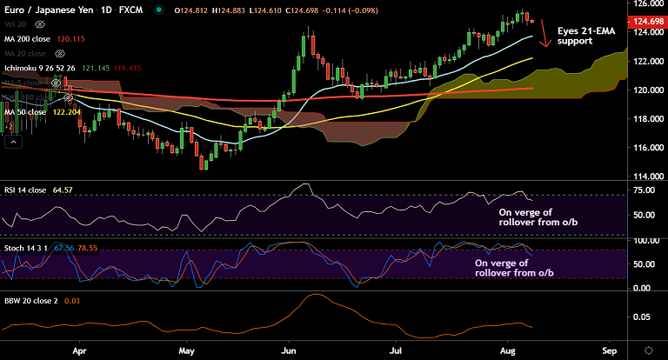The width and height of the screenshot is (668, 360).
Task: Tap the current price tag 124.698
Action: click(x=648, y=21)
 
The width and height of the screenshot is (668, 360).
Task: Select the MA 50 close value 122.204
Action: click(x=70, y=113)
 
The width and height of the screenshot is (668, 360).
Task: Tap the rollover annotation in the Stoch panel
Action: click(x=513, y=268)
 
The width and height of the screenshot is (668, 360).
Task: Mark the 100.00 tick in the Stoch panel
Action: click(x=645, y=241)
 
